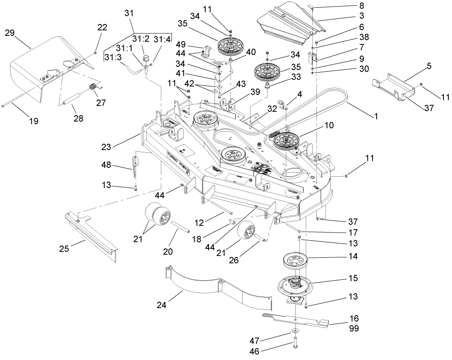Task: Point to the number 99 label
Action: pos(354,329)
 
